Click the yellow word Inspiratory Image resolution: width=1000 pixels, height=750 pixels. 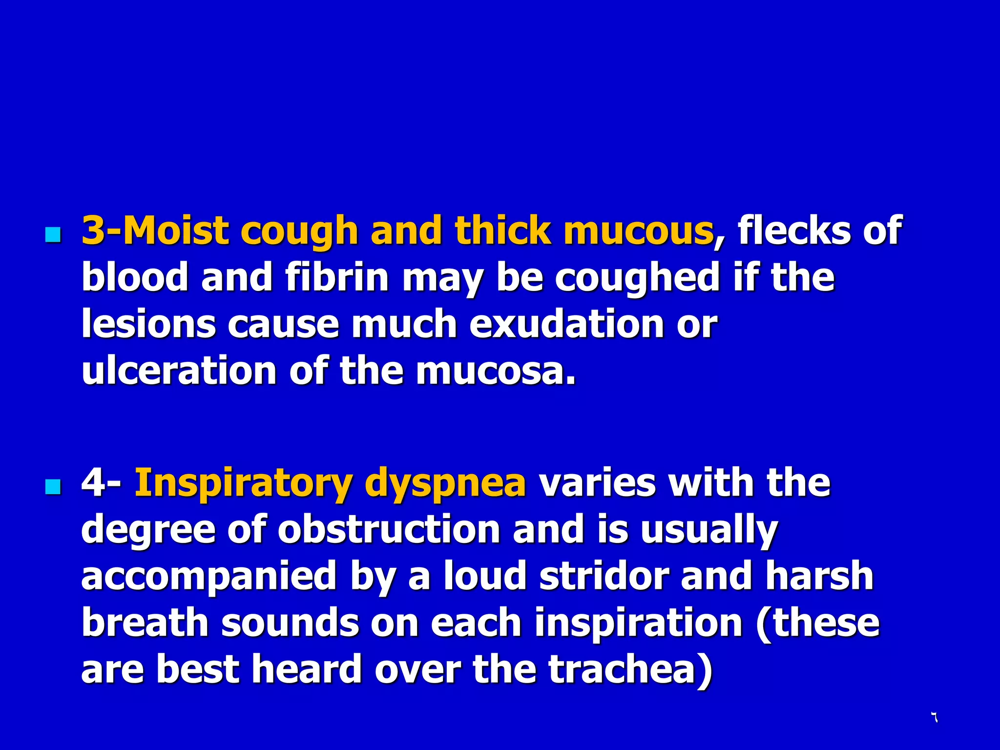click(243, 483)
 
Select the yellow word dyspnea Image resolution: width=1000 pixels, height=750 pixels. click(445, 483)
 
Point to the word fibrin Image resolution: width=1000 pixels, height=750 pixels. click(337, 277)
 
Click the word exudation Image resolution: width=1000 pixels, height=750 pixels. click(566, 324)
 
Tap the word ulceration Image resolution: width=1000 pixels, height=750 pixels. click(179, 371)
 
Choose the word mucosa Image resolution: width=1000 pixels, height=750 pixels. click(496, 371)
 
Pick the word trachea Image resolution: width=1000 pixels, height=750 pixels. click(630, 669)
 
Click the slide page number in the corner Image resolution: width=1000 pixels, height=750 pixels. click(934, 717)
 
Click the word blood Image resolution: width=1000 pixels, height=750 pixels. click(135, 277)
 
